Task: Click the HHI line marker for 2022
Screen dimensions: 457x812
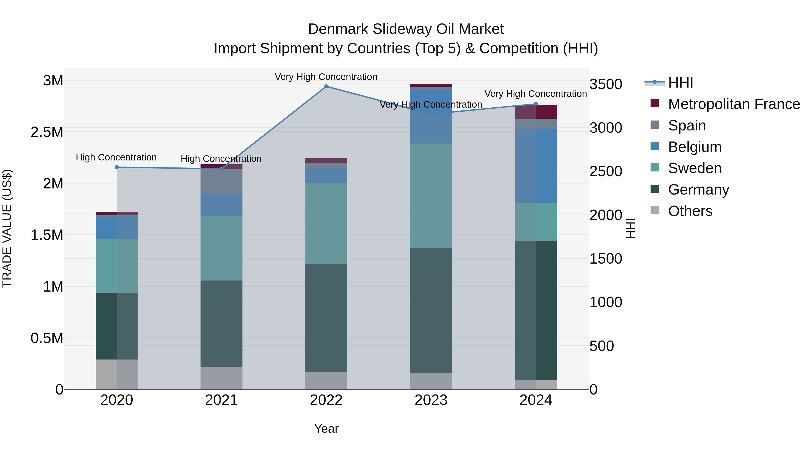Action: click(326, 86)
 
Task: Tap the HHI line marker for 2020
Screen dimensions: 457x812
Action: click(117, 167)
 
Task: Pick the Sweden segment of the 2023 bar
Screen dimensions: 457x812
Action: click(431, 195)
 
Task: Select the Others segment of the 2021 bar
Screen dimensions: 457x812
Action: click(221, 378)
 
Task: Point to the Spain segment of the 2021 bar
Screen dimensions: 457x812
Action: click(221, 182)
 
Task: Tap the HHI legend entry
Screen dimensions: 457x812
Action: click(680, 83)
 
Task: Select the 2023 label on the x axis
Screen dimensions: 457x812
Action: click(431, 400)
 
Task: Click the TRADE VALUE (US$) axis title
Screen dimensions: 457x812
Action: click(7, 228)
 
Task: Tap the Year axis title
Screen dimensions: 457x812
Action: click(326, 429)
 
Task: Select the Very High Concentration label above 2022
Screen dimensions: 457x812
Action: click(326, 77)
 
